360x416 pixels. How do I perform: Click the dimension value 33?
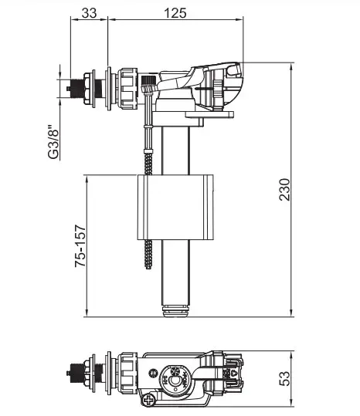pyautogui.click(x=89, y=13)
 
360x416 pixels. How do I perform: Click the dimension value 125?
pyautogui.click(x=175, y=13)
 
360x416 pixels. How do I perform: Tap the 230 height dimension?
pyautogui.click(x=285, y=189)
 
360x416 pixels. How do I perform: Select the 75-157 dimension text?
pyautogui.click(x=80, y=246)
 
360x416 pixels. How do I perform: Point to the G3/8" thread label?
pyautogui.click(x=53, y=142)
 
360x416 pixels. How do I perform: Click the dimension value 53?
pyautogui.click(x=285, y=379)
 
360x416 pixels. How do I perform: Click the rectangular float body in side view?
pyautogui.click(x=175, y=207)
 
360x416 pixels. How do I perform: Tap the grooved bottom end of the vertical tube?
pyautogui.click(x=176, y=310)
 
